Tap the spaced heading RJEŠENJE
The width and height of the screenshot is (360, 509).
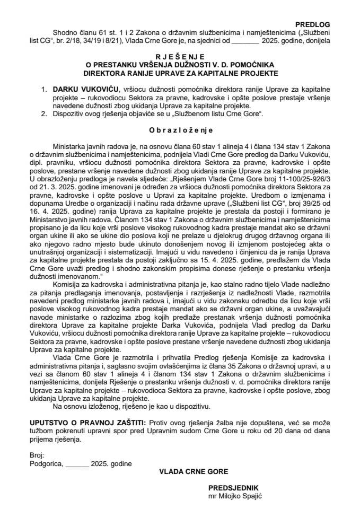(180, 55)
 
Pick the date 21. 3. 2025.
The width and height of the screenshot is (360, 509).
(67, 188)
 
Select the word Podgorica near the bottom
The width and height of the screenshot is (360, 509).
(46, 463)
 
